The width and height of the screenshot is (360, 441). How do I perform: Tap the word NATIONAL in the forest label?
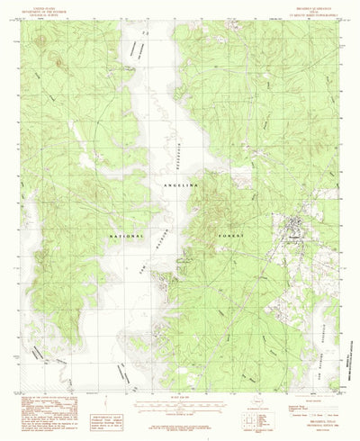(x=129, y=236)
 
